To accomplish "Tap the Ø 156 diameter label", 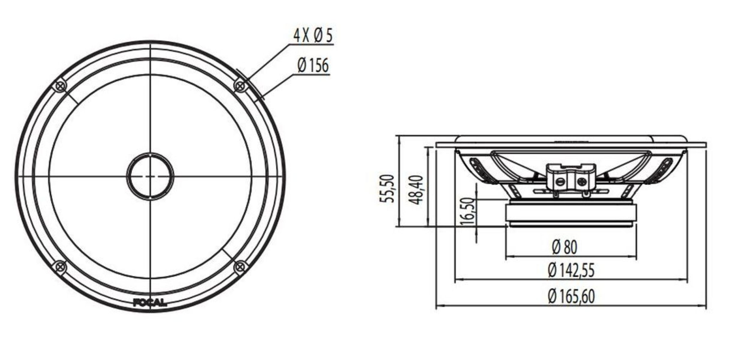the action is [313, 65].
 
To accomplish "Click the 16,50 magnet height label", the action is [468, 211].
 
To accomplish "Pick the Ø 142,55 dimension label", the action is [571, 270].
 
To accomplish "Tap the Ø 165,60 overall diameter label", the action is [571, 296].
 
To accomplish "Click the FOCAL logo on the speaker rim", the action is [150, 302].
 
